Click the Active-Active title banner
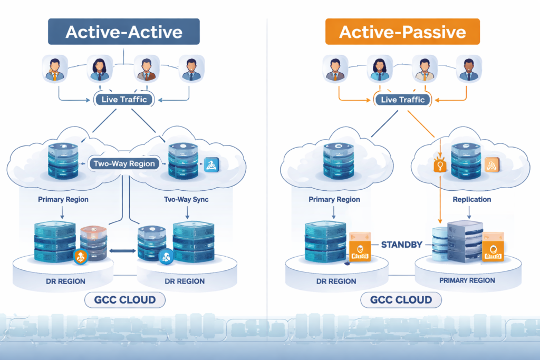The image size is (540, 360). click(x=124, y=32)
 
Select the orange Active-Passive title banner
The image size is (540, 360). click(x=402, y=32)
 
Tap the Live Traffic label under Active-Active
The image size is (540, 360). click(x=124, y=100)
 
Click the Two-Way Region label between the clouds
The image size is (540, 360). click(x=124, y=163)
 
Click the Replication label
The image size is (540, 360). click(x=472, y=200)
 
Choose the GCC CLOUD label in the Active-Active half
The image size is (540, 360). click(x=125, y=300)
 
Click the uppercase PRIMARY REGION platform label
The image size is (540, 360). click(x=467, y=280)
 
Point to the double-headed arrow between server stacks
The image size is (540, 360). click(x=122, y=251)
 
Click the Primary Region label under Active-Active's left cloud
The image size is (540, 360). click(x=63, y=200)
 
